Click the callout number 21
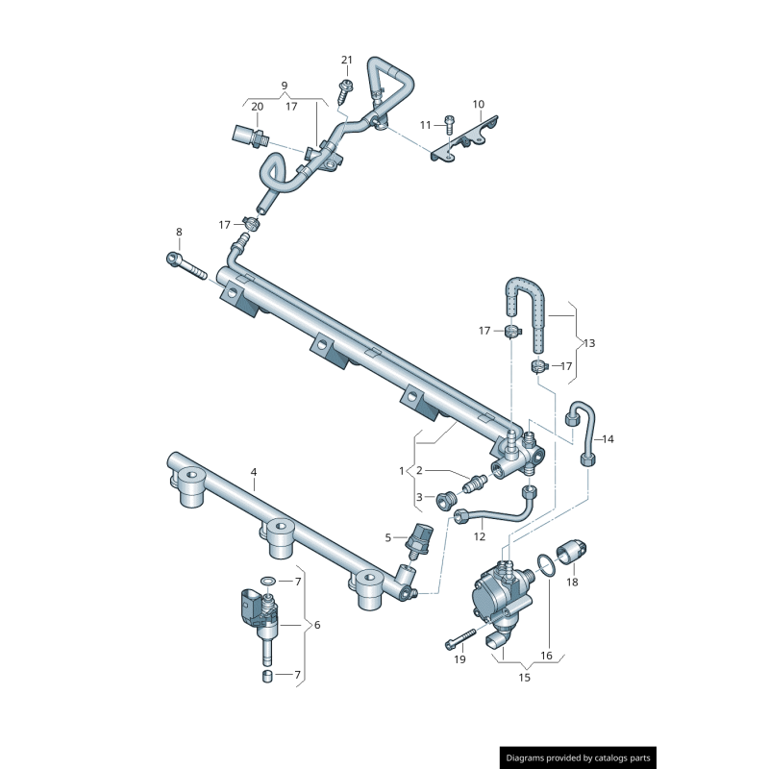(347, 61)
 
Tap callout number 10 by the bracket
(478, 104)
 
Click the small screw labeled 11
(449, 122)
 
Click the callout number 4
(254, 472)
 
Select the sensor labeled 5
(420, 540)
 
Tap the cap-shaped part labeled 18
(571, 552)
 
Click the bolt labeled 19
(461, 636)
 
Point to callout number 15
(525, 678)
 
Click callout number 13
(589, 343)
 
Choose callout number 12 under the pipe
(479, 536)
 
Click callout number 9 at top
(285, 86)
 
